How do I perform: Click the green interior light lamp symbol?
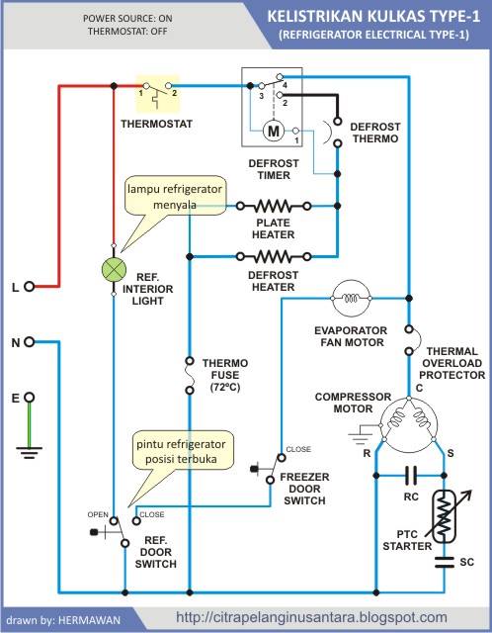[114, 270]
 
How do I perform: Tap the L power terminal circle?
[29, 287]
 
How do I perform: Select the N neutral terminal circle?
[29, 342]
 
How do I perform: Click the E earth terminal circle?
[29, 398]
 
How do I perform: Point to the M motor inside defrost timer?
[274, 131]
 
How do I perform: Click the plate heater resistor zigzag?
[274, 207]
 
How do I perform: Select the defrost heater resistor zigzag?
[274, 256]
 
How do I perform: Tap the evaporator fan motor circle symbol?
[351, 299]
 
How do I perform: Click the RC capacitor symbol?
[411, 476]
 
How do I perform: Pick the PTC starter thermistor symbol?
[445, 516]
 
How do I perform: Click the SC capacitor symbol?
[445, 562]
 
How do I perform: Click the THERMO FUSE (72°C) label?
[225, 375]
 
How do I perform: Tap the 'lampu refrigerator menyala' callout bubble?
[175, 197]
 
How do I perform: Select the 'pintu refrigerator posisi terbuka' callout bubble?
[182, 451]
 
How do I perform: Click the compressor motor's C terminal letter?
[420, 388]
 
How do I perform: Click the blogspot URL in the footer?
[312, 617]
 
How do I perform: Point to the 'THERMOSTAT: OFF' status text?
[127, 31]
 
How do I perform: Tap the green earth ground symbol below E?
[29, 431]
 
